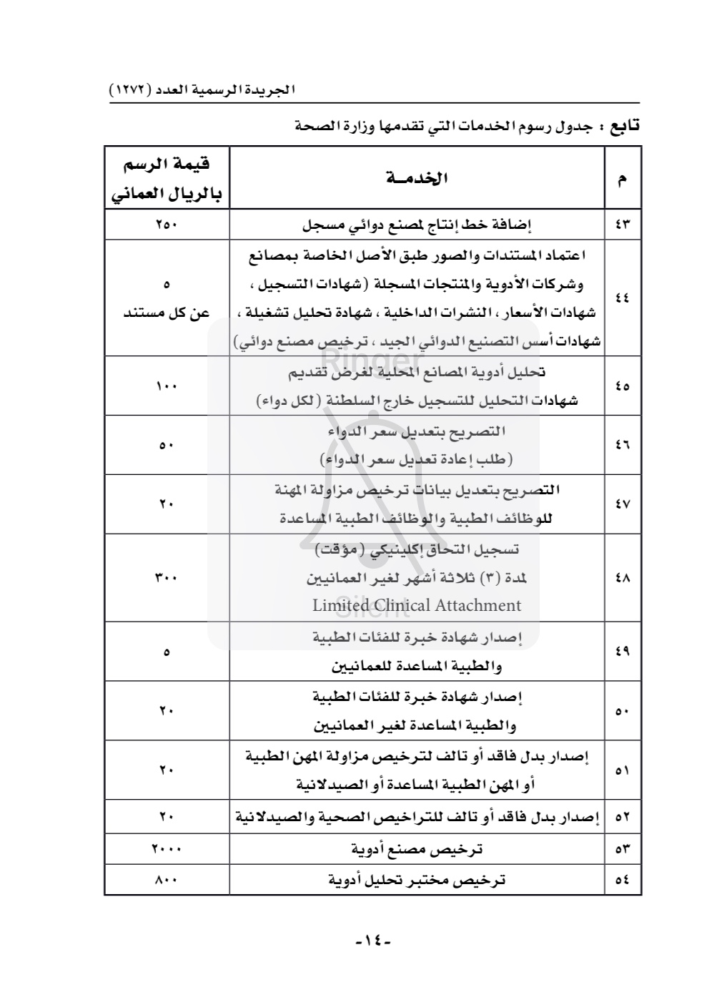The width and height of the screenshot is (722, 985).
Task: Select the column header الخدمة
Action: [x=417, y=178]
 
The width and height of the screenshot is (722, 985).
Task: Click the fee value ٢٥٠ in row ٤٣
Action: [x=167, y=225]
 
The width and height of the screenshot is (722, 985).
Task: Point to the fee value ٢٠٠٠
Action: [x=167, y=849]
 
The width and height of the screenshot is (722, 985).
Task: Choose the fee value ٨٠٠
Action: [x=167, y=880]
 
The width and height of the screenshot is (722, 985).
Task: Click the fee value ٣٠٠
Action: [x=167, y=577]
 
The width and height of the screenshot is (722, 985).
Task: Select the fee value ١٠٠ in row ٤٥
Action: [x=167, y=386]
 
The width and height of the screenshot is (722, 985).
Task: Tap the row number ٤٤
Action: [x=623, y=298]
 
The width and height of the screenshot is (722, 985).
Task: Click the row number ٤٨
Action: [x=623, y=577]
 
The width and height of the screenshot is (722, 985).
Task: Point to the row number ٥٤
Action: [x=623, y=880]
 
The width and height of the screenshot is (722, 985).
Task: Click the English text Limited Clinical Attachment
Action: [x=417, y=605]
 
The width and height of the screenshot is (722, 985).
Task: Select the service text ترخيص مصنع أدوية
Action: [x=417, y=849]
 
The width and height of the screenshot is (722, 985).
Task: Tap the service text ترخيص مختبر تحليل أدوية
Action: [x=417, y=880]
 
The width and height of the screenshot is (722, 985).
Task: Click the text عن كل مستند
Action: [x=167, y=313]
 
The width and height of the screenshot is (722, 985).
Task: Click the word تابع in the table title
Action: [x=623, y=127]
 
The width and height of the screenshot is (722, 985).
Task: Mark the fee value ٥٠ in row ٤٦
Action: [x=167, y=445]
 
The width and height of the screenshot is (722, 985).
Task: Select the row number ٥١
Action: [x=623, y=770]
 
